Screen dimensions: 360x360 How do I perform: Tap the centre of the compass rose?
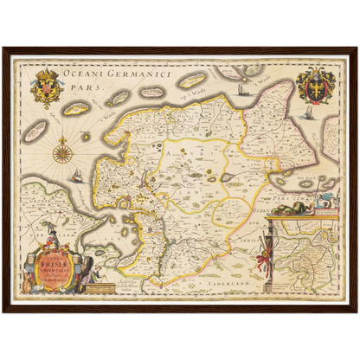pyautogui.click(x=61, y=154)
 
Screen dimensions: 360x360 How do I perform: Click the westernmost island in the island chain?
pyautogui.click(x=36, y=132)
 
